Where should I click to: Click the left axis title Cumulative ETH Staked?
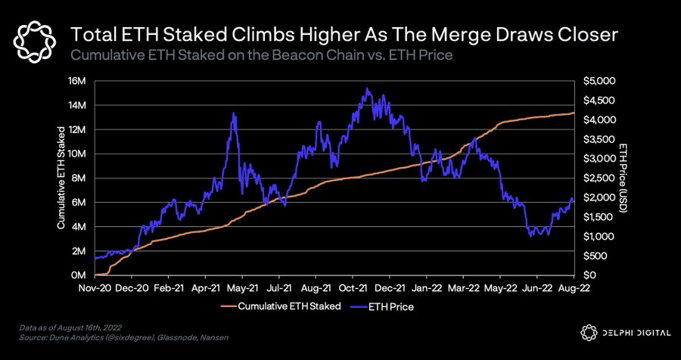pyautogui.click(x=61, y=178)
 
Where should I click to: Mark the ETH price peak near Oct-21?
pyautogui.click(x=367, y=88)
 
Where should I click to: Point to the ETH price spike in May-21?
pyautogui.click(x=234, y=113)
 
